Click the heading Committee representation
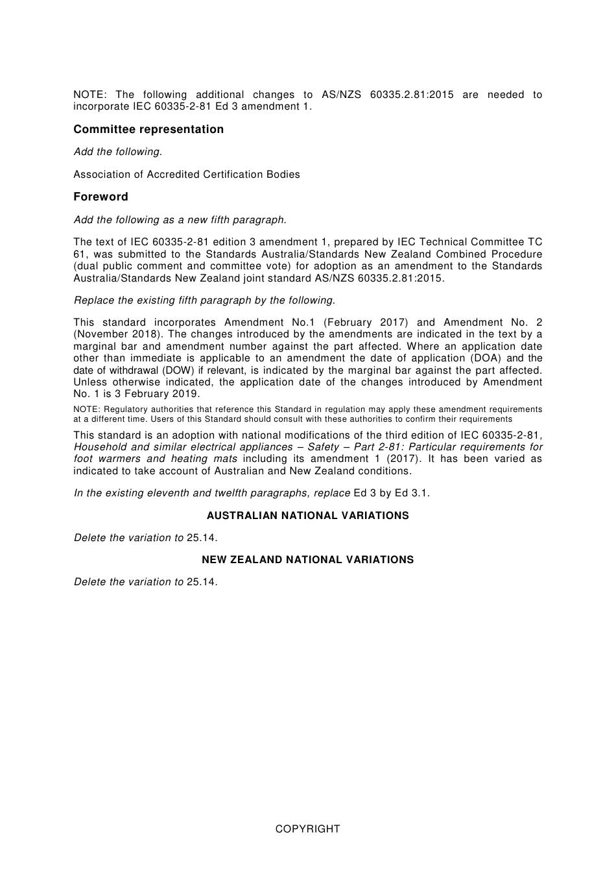click(x=148, y=129)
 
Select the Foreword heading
click(x=101, y=197)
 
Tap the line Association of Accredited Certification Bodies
click(x=187, y=174)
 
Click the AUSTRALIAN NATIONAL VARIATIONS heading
click(x=307, y=516)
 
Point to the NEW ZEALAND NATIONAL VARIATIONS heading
click(x=307, y=560)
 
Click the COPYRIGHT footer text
click(x=307, y=829)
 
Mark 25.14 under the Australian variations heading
click(x=202, y=538)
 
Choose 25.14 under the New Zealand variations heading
click(x=202, y=582)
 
